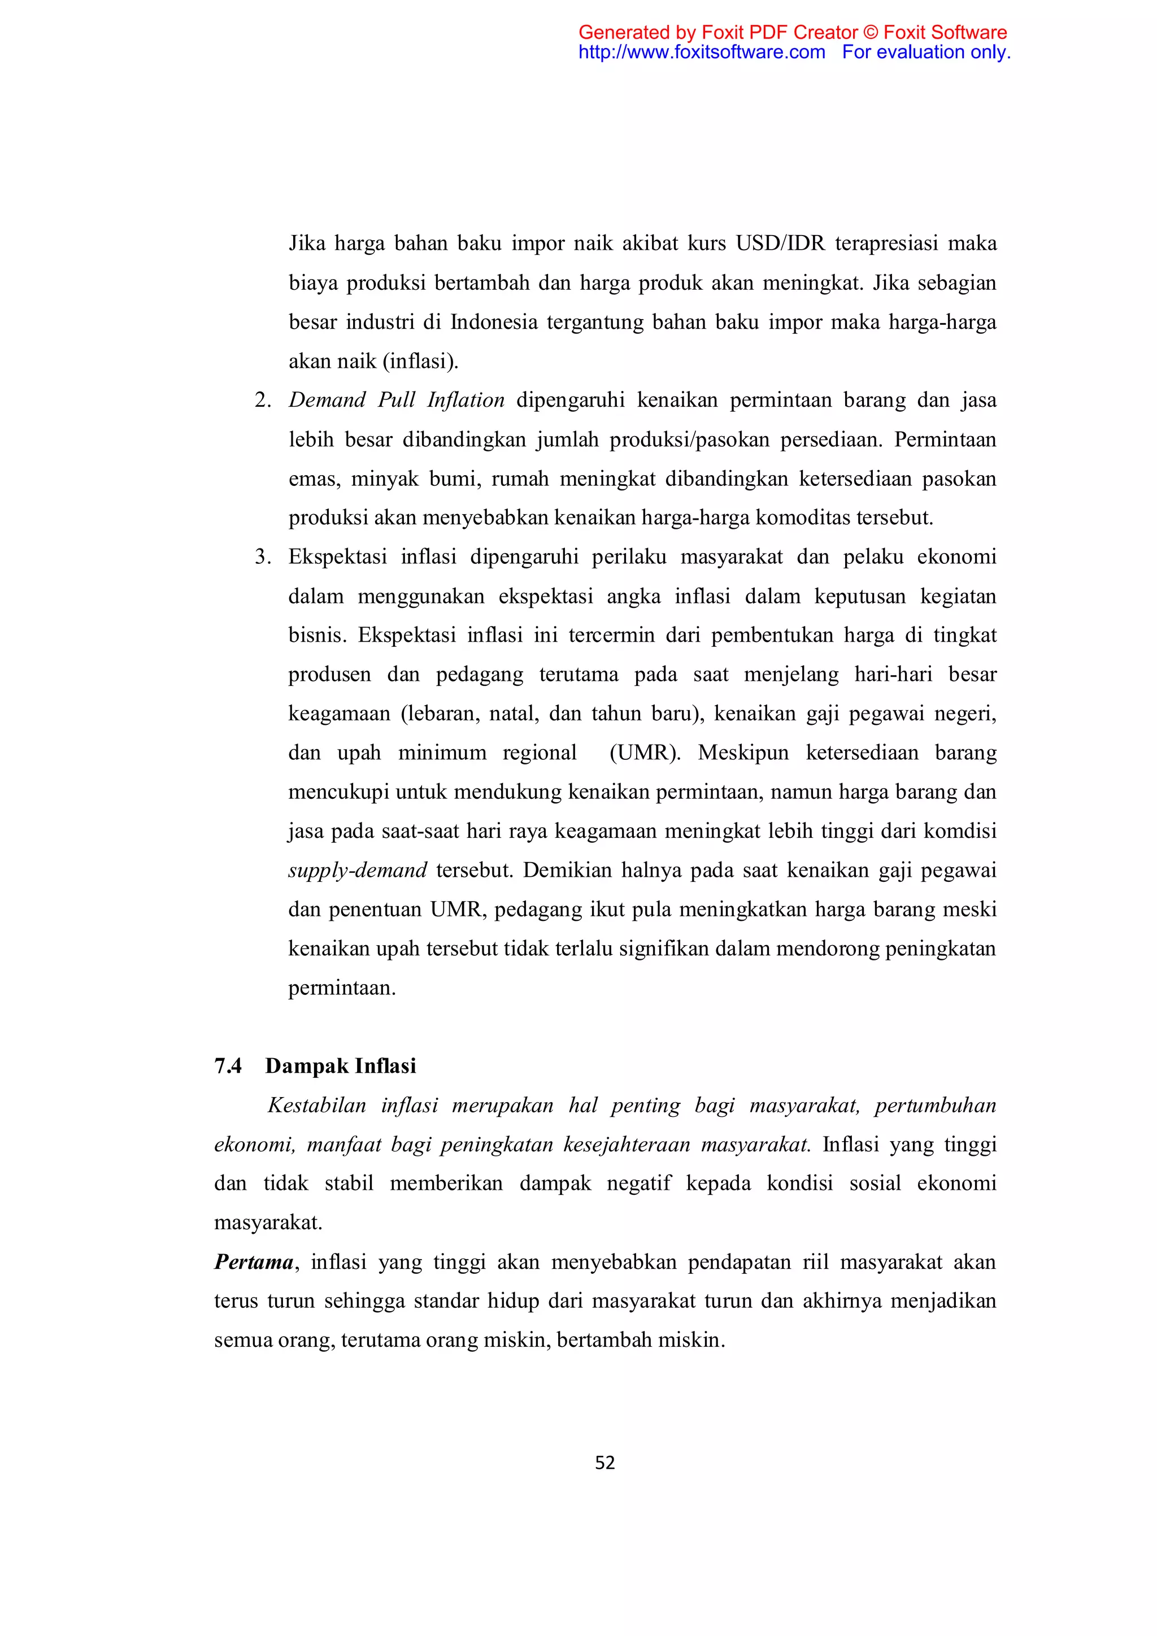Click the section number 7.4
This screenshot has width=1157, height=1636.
click(x=228, y=1066)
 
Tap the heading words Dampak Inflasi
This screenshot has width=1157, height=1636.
click(x=341, y=1066)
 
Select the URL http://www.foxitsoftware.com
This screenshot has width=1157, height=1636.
click(x=702, y=52)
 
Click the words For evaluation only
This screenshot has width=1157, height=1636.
click(x=926, y=52)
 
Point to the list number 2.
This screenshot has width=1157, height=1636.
click(x=262, y=401)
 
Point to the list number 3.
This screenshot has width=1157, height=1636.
click(x=262, y=557)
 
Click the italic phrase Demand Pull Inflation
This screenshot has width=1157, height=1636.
click(x=396, y=401)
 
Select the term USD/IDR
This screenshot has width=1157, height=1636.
click(x=780, y=243)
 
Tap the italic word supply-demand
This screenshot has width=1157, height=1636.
click(x=357, y=871)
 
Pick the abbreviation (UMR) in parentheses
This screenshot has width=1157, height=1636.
click(x=644, y=753)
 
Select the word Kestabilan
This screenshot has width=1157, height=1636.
click(x=316, y=1106)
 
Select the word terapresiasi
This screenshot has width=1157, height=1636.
click(x=886, y=243)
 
